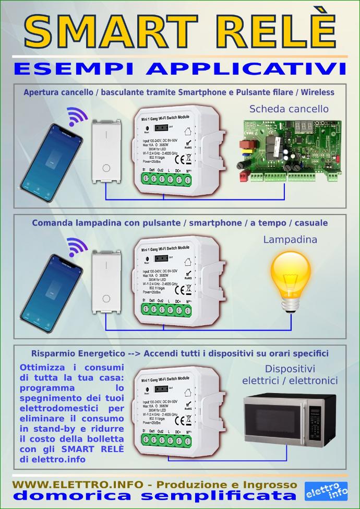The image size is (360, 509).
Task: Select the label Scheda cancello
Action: tap(289, 109)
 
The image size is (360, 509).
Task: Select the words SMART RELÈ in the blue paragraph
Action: tap(92, 449)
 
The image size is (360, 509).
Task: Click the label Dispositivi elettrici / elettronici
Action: tap(290, 375)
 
